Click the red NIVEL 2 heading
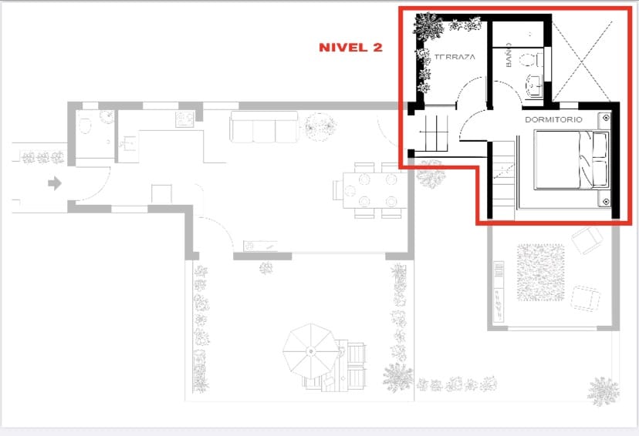pyautogui.click(x=351, y=47)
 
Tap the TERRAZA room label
pyautogui.click(x=455, y=58)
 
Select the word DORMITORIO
pyautogui.click(x=553, y=119)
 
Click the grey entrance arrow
pyautogui.click(x=55, y=183)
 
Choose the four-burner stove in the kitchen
pyautogui.click(x=184, y=119)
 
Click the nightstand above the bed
pyautogui.click(x=606, y=119)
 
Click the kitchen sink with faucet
pyautogui.click(x=128, y=143)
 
